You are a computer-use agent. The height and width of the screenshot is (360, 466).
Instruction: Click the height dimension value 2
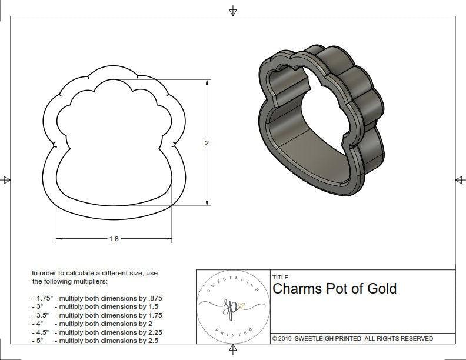pos(207,143)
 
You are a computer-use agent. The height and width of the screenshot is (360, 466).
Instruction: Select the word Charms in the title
pos(297,289)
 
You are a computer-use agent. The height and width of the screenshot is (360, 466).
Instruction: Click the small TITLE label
pos(279,277)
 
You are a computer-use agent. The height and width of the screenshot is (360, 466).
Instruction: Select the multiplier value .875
pos(154,298)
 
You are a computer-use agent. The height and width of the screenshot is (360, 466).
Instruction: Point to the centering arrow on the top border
pos(233,11)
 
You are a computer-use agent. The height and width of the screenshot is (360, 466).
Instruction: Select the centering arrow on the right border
pos(459,179)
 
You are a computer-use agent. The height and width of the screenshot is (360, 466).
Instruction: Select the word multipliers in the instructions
pos(109,281)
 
